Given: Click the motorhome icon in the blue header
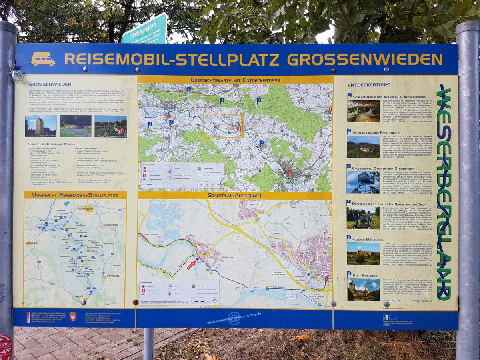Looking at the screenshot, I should (x=43, y=59).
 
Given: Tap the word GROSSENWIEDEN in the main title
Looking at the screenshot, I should (x=365, y=59).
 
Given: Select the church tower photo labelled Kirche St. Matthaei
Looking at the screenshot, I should (x=40, y=126).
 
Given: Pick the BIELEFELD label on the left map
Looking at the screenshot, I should (x=31, y=243).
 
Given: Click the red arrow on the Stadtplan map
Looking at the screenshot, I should (x=192, y=264).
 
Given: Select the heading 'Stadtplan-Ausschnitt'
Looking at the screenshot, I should (x=235, y=195).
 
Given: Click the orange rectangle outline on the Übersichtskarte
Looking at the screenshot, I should (x=223, y=126).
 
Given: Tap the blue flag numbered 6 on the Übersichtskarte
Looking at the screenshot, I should (x=262, y=142).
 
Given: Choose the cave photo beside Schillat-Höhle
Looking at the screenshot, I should (x=363, y=111).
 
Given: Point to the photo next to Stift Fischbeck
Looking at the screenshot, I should (x=363, y=290).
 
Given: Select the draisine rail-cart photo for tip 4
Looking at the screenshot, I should (x=363, y=217).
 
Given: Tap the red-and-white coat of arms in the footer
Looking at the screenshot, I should (x=73, y=317).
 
